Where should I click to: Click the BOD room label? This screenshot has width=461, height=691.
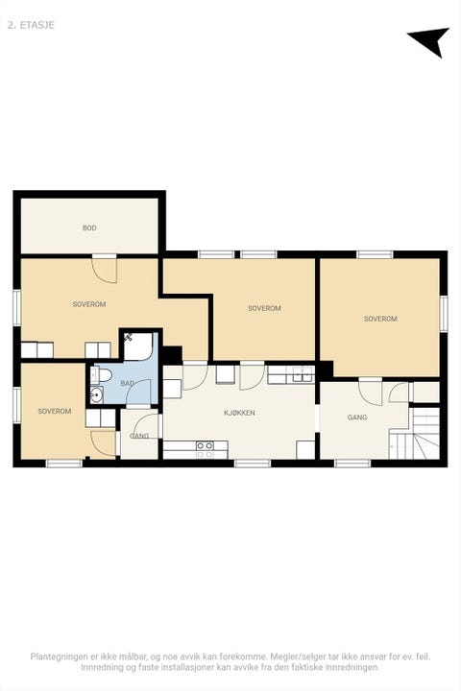89,227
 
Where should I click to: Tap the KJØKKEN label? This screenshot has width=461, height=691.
239,413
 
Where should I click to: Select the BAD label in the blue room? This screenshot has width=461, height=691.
127,383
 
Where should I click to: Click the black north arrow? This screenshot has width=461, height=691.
430,40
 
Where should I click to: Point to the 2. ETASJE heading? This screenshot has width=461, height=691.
31,25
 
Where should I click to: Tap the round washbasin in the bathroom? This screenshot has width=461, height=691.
96,394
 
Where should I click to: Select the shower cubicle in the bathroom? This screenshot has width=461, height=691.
138,346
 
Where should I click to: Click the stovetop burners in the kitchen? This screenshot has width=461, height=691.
205,449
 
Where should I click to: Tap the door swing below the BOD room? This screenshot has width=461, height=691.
105,270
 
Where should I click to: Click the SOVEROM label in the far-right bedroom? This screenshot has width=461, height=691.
380,319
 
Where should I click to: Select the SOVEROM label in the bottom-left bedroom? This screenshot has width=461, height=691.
54,411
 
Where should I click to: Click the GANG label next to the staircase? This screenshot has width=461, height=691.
357,417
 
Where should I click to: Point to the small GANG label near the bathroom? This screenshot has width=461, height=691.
139,436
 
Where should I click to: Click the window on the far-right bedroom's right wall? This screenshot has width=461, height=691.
444,314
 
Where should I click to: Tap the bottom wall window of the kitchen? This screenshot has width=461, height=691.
252,464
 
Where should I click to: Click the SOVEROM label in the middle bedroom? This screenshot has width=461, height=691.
264,308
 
